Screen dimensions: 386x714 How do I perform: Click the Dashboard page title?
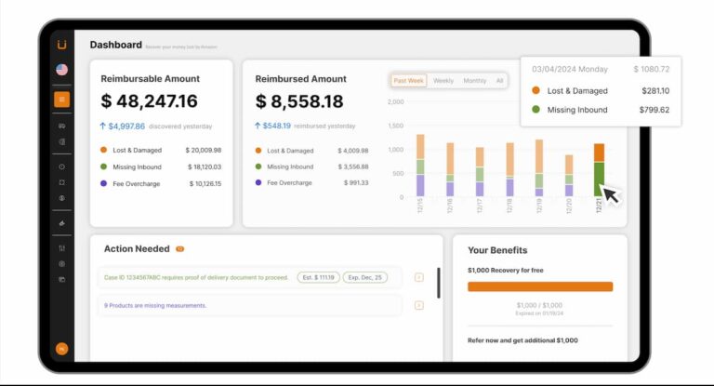[x=115, y=45]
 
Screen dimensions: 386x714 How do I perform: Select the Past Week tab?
[x=409, y=81]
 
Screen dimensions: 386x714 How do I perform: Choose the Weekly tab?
[x=443, y=81]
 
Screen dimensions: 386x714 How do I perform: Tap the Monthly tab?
[x=474, y=81]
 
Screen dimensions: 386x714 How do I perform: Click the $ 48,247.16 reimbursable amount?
[x=149, y=101]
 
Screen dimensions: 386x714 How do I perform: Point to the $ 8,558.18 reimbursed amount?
[x=299, y=101]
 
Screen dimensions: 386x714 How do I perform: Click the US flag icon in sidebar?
[x=61, y=70]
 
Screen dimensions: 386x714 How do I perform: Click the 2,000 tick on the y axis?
[x=395, y=102]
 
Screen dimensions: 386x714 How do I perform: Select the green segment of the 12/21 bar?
[x=600, y=178]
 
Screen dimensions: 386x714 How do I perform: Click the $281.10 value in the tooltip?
[x=655, y=91]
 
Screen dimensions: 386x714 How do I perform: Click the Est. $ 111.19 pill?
[x=318, y=277]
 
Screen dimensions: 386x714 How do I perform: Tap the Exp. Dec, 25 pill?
[x=364, y=277]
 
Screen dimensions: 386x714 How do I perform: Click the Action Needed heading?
[x=137, y=249]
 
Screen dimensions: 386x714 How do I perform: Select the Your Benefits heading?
[x=497, y=250]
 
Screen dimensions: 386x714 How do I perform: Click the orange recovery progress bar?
[x=540, y=287]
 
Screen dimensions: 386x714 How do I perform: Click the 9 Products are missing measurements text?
[x=155, y=305]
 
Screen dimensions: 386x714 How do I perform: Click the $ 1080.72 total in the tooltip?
[x=652, y=69]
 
